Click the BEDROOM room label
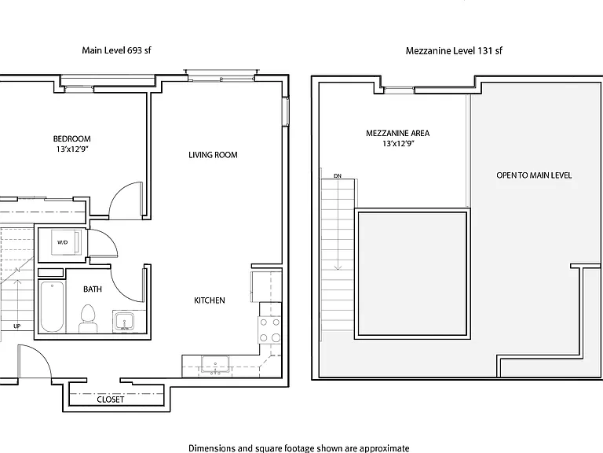72,138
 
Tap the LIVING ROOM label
213,155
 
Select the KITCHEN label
210,300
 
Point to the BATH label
93,289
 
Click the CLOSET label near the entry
111,400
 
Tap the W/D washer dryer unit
66,242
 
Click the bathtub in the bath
53,307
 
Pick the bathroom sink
123,322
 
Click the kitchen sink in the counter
215,365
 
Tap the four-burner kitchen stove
270,330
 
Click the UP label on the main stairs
17,326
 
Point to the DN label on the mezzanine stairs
338,176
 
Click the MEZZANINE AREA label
397,133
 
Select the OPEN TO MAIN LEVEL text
534,175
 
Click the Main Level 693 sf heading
116,50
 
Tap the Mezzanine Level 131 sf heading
454,51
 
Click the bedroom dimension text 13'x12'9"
72,149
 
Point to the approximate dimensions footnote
299,448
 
